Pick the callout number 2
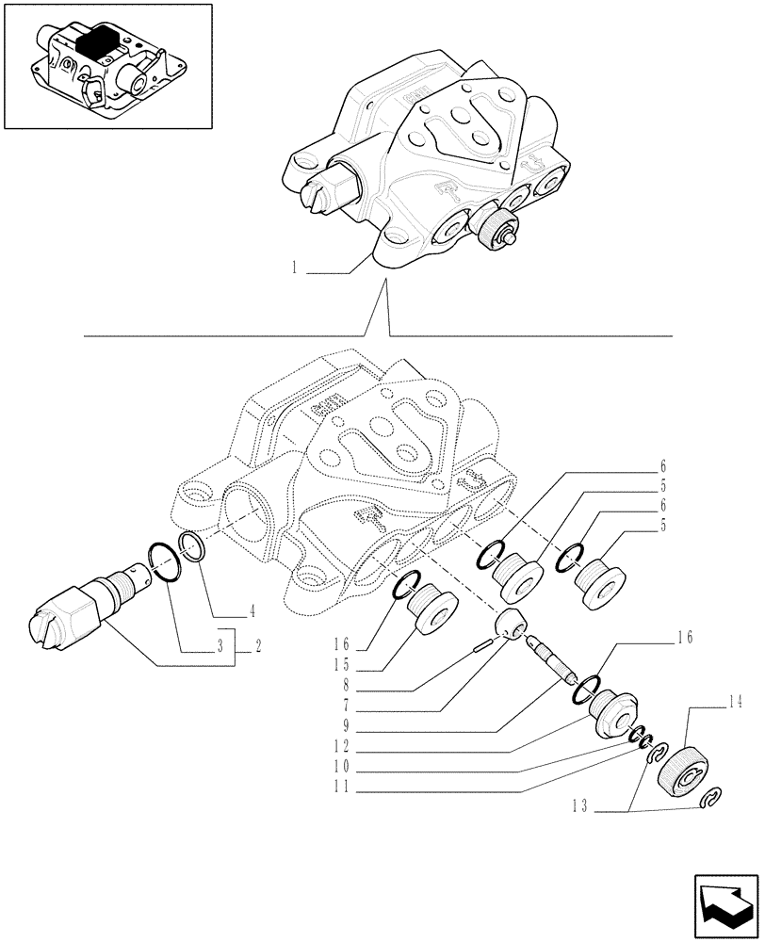(256, 648)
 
